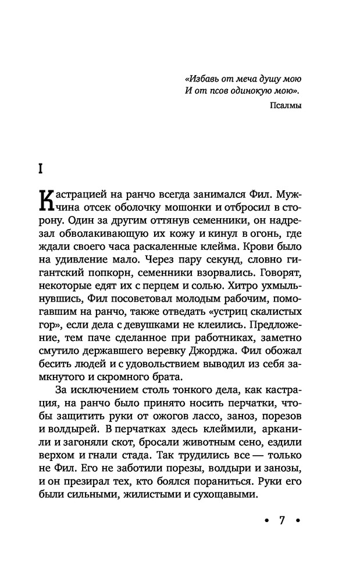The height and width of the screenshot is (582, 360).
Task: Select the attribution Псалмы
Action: click(286, 105)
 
